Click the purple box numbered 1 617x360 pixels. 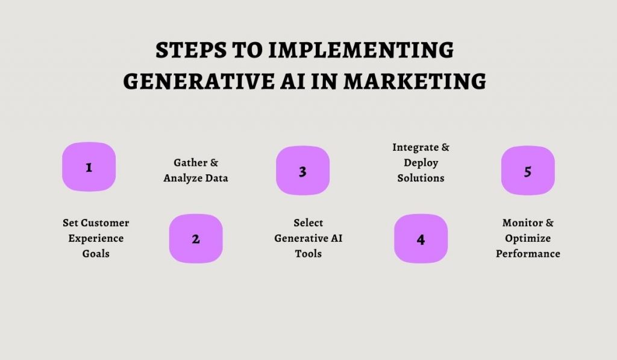pos(89,167)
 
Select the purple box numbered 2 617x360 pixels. pos(196,239)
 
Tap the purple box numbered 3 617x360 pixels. pos(302,171)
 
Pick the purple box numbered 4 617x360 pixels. pos(421,239)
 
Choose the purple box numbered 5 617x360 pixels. pos(528,171)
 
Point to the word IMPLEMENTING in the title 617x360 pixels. pos(361,51)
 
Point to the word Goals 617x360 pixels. pos(96,254)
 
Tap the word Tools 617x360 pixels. pos(308,254)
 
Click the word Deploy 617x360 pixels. pos(421,163)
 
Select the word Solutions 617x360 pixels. pos(421,178)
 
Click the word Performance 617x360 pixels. pos(528,254)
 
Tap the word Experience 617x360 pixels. pos(96,238)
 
